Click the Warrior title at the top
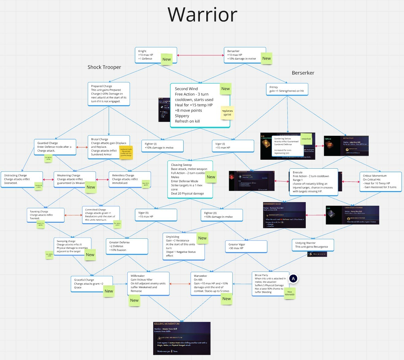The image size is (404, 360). click(x=202, y=14)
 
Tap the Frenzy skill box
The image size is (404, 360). click(x=287, y=89)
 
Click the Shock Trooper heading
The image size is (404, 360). click(x=104, y=67)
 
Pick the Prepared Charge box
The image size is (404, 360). click(x=109, y=94)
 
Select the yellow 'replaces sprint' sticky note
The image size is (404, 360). click(x=227, y=113)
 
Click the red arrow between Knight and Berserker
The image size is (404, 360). click(x=200, y=55)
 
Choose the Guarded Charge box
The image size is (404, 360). click(x=55, y=147)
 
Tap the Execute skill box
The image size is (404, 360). click(x=313, y=182)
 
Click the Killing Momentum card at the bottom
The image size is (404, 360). click(x=182, y=338)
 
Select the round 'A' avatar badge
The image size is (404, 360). click(x=293, y=279)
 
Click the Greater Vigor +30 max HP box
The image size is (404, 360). click(x=246, y=246)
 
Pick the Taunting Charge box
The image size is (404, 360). click(x=45, y=215)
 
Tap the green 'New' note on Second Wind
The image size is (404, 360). click(x=225, y=89)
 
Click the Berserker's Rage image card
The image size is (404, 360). click(x=284, y=215)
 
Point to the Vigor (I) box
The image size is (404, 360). click(x=233, y=146)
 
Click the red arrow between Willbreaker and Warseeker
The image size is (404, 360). click(x=180, y=284)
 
